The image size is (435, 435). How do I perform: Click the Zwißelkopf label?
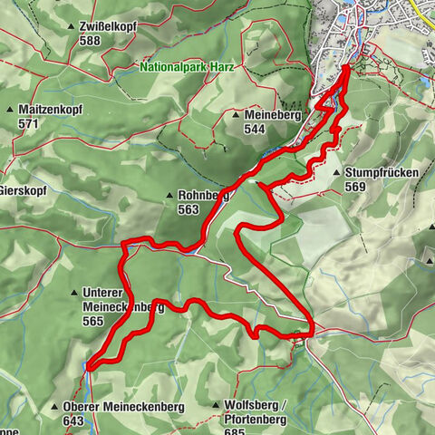coord(106,27)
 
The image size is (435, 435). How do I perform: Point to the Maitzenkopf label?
coord(58,109)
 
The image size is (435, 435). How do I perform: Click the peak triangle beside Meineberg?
coord(236,115)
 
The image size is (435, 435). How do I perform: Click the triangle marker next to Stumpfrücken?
coord(336,172)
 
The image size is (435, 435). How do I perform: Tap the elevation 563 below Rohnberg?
coord(188,209)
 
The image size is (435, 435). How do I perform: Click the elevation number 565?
coord(93,321)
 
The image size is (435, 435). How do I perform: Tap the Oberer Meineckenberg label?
coord(124,408)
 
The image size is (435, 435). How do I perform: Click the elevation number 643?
coord(75,421)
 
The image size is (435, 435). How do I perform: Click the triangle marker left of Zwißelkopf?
coord(70,27)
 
